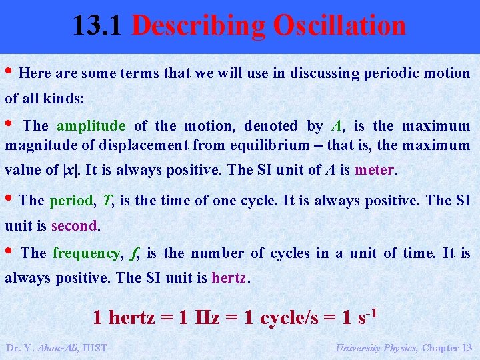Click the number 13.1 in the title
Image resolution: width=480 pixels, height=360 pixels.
click(x=99, y=26)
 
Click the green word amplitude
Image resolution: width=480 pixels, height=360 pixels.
click(x=91, y=126)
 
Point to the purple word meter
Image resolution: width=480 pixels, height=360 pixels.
click(x=375, y=169)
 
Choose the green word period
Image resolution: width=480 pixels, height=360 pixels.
click(x=73, y=200)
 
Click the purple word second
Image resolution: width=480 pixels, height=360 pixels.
click(x=75, y=225)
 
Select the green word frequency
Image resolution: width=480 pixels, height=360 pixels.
click(x=87, y=253)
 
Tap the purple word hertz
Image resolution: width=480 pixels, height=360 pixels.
click(x=229, y=277)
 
